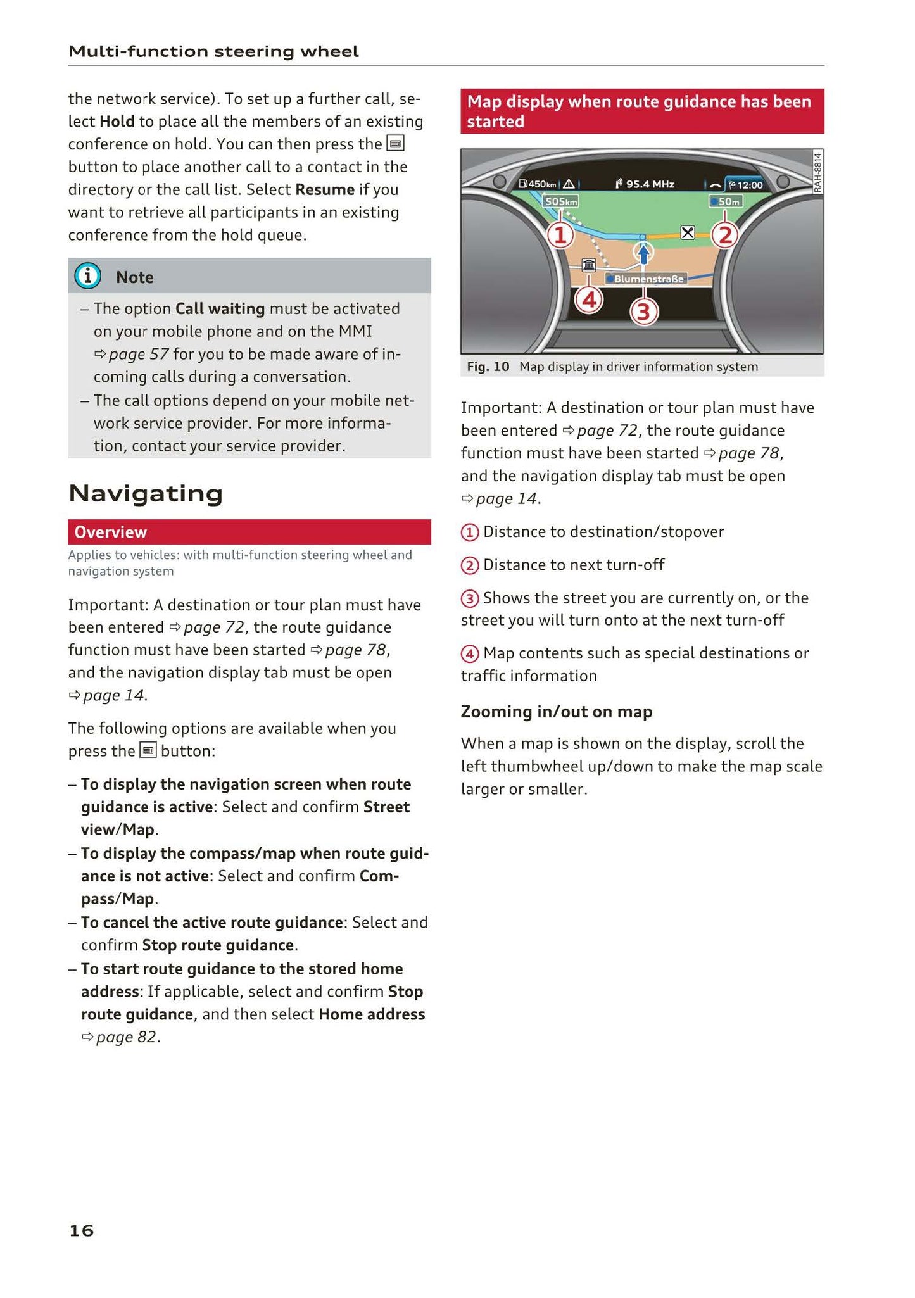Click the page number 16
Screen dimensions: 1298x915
[x=81, y=1230]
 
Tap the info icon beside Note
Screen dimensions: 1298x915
[x=87, y=276]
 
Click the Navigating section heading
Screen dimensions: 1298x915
[x=146, y=493]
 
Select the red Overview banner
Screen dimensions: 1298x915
[x=249, y=532]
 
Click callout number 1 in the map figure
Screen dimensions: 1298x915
[x=560, y=236]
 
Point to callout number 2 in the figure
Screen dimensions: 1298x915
[x=725, y=236]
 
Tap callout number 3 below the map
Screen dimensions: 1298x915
[x=643, y=312]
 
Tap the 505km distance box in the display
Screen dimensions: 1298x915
[x=561, y=201]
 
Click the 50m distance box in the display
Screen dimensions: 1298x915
[x=726, y=201]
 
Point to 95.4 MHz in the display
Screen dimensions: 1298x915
[x=646, y=184]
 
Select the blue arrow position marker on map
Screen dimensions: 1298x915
[x=643, y=253]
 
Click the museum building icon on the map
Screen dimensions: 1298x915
[x=589, y=265]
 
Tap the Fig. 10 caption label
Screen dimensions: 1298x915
[x=488, y=367]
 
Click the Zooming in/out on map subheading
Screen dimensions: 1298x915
[x=556, y=712]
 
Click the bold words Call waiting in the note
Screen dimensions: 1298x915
[x=220, y=308]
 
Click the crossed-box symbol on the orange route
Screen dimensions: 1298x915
[x=688, y=232]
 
